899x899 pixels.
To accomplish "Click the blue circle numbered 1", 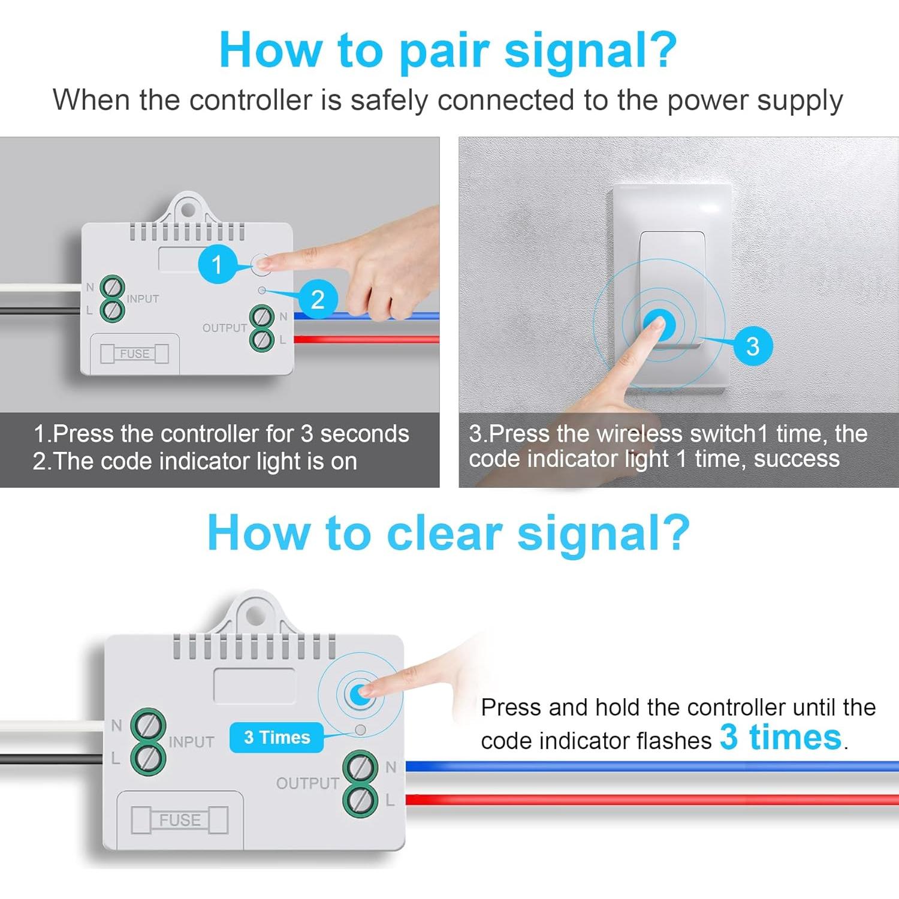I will point(217,264).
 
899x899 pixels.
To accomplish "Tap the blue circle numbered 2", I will point(318,299).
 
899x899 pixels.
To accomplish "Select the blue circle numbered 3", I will point(752,346).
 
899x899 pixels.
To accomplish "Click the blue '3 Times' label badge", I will point(276,737).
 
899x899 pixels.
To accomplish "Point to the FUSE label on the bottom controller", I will point(180,820).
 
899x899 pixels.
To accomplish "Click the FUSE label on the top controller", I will point(134,354).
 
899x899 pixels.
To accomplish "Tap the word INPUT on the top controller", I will point(143,298).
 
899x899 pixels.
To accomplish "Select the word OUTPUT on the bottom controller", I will point(307,783).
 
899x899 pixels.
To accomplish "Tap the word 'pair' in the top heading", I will point(444,51).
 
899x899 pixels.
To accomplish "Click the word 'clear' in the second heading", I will point(444,533).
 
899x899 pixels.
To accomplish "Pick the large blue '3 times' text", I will point(780,737).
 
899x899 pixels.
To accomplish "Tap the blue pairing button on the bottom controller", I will point(358,693).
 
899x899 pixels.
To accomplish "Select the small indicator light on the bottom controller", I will point(360,730).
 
